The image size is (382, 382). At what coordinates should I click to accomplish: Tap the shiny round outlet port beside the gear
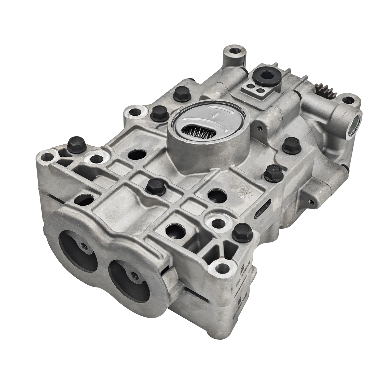click(354, 122)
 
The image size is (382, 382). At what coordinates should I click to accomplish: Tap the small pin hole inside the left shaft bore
click(83, 246)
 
